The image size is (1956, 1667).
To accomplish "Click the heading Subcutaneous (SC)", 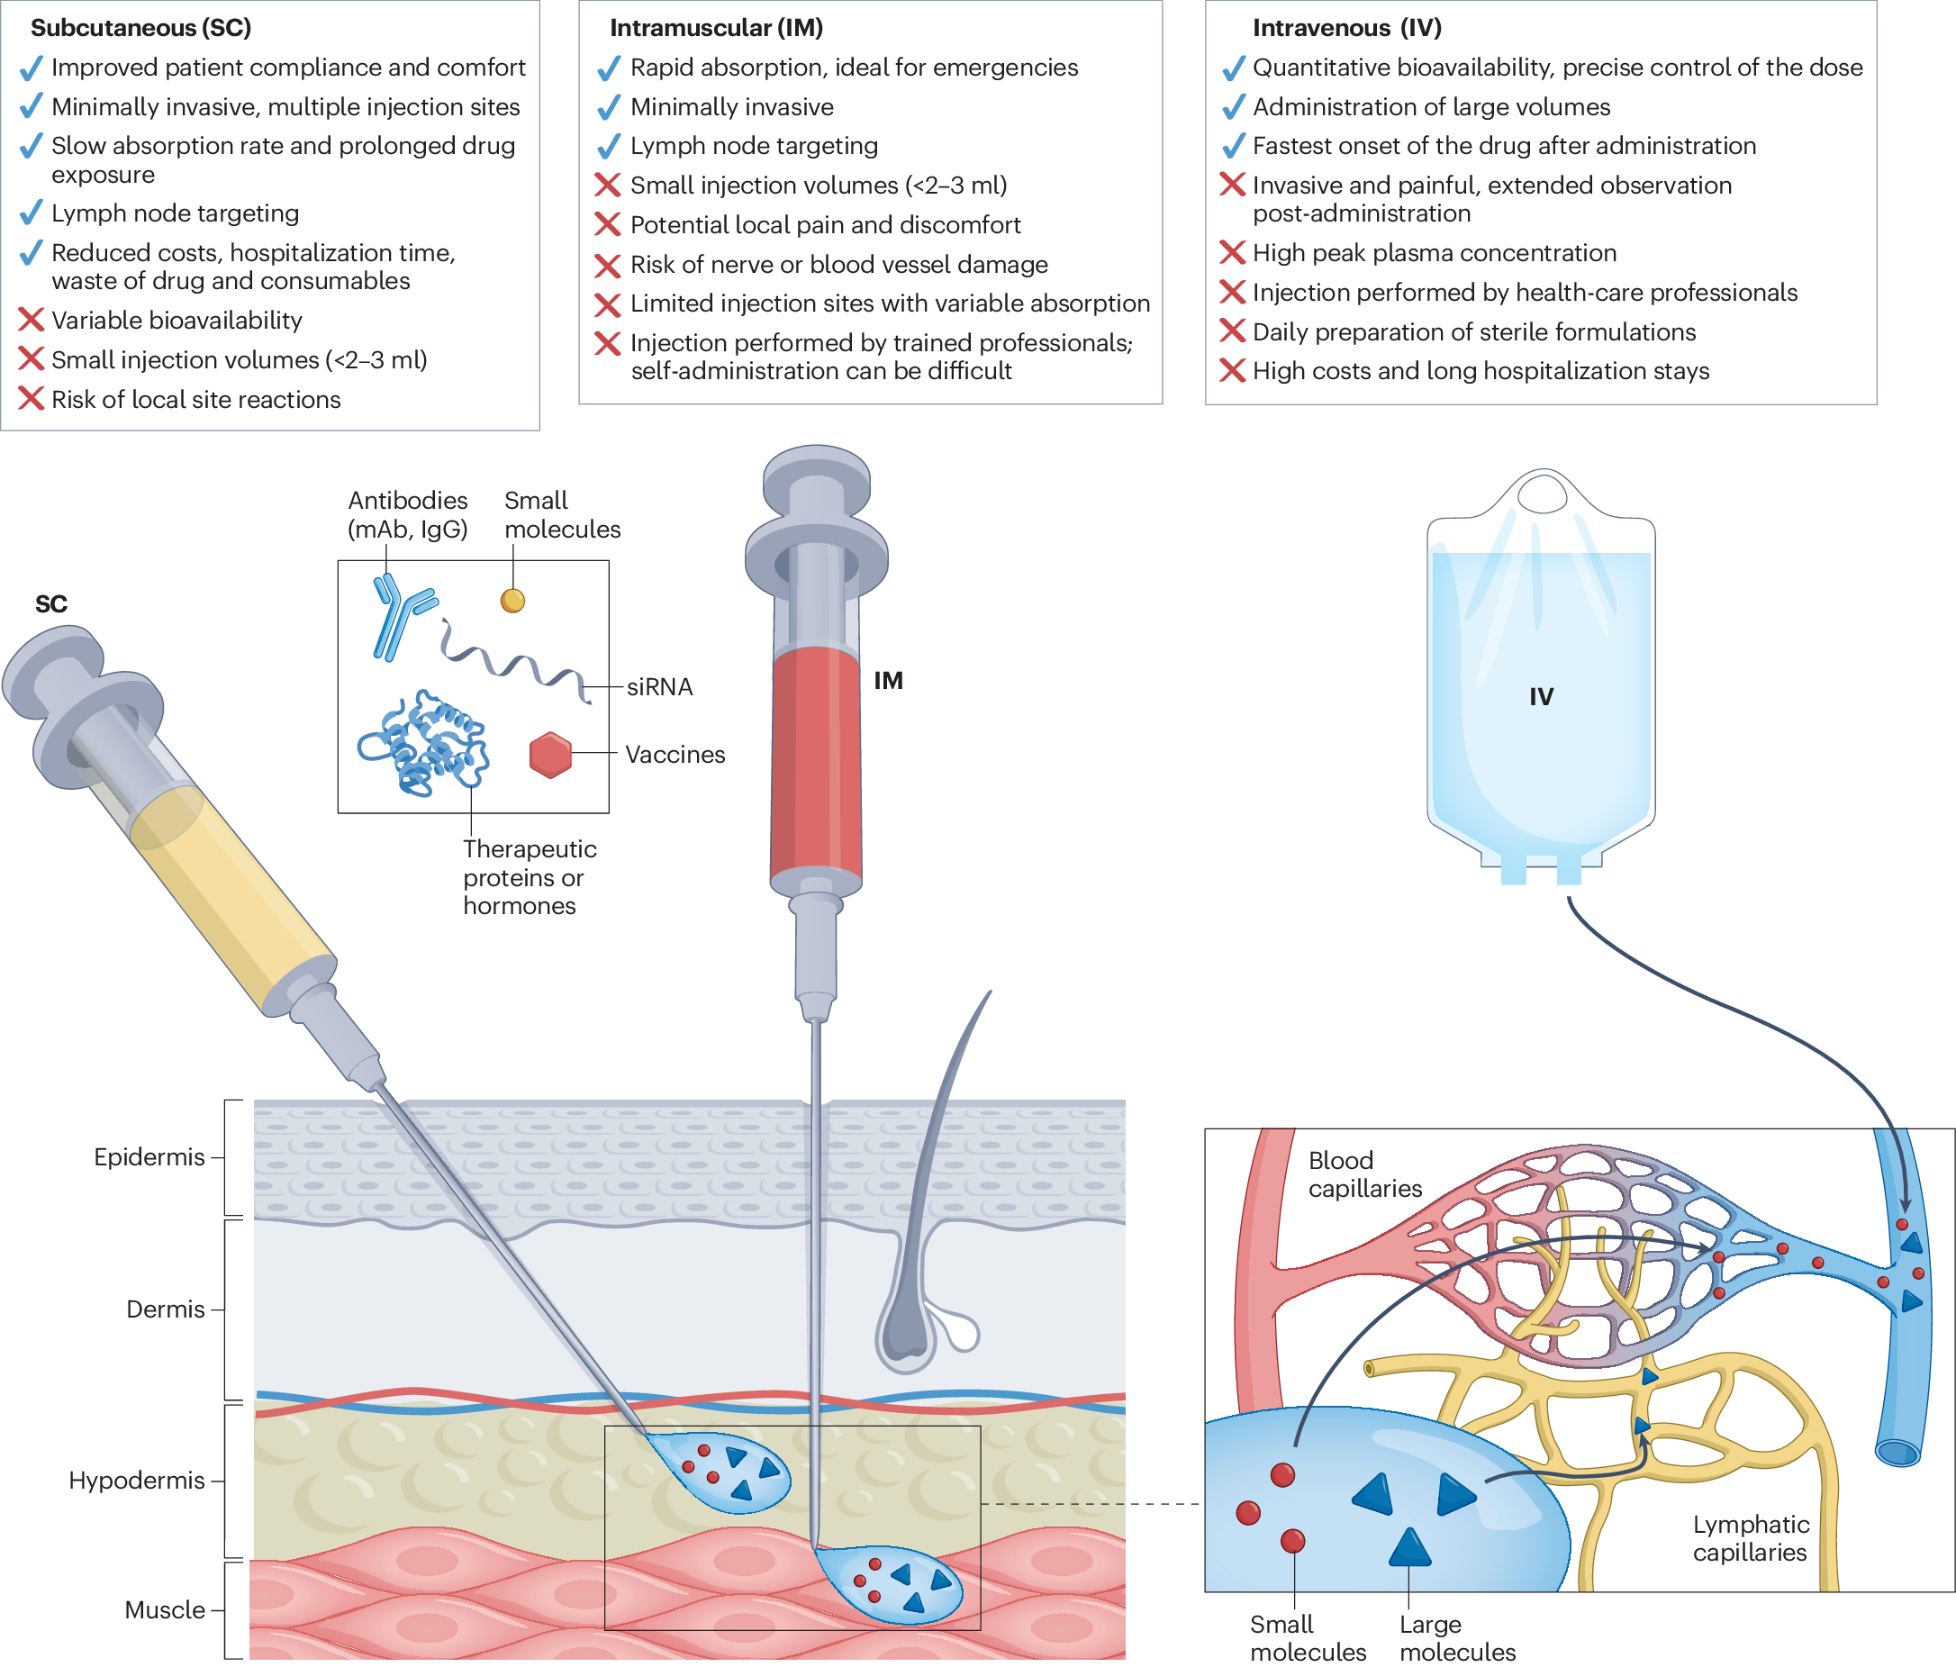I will (140, 27).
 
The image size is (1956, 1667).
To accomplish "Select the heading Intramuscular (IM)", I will (716, 27).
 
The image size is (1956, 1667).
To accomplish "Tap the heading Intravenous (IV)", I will (1346, 27).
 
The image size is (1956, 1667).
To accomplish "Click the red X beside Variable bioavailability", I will (32, 320).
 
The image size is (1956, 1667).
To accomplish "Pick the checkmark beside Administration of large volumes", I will (1233, 106).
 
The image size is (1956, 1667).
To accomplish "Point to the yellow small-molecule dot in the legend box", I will (512, 601).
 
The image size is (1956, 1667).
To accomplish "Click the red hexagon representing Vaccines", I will (550, 754).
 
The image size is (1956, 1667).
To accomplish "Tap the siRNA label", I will (659, 686).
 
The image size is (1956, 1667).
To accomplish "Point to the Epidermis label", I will (149, 1156).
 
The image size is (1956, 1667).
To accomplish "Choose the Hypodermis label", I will (136, 1480).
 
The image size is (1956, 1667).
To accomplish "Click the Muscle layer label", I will (164, 1609).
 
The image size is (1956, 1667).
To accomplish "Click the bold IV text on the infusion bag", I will (1541, 697).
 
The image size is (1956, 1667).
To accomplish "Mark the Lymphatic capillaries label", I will (1750, 1537).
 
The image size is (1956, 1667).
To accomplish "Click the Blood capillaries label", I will (1364, 1173).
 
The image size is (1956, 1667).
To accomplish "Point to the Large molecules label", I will (1456, 1638).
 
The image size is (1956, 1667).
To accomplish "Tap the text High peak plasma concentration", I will (1434, 253).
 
